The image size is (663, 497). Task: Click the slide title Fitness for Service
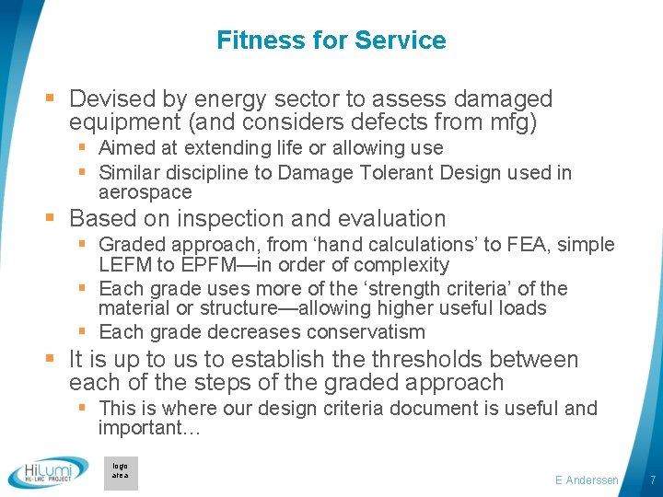pyautogui.click(x=331, y=40)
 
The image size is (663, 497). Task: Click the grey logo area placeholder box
pyautogui.click(x=121, y=472)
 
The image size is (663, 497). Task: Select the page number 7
pyautogui.click(x=652, y=480)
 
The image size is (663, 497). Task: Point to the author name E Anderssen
pyautogui.click(x=587, y=480)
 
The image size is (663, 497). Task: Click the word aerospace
pyautogui.click(x=145, y=192)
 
